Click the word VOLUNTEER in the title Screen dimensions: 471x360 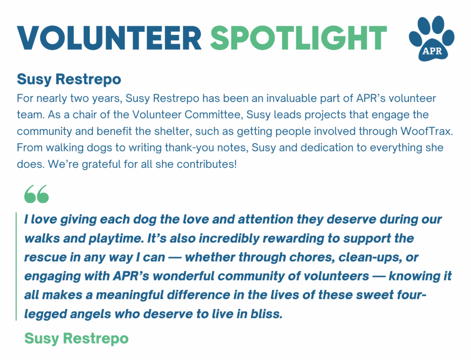[109, 38]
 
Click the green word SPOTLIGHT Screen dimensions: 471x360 [298, 38]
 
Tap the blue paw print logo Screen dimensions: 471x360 [431, 38]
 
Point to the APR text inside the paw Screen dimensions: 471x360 [432, 51]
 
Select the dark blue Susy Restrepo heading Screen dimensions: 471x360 [69, 79]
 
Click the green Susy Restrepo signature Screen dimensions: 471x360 [77, 338]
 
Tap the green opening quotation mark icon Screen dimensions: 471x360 [37, 194]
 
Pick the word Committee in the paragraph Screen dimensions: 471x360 [214, 115]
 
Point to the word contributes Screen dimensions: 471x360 [206, 164]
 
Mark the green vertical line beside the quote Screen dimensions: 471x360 [16, 267]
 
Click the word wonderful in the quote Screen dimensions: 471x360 [184, 276]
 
